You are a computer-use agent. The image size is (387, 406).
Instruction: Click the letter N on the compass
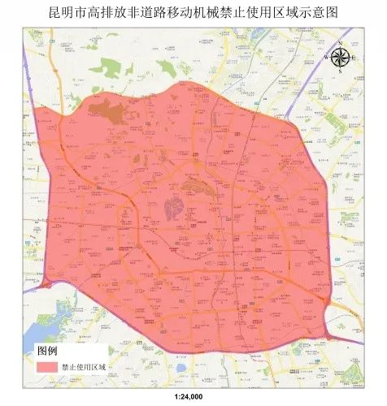pos(340,43)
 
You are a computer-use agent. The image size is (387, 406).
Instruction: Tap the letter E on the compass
pos(354,56)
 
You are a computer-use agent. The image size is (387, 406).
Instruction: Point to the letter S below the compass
pos(340,71)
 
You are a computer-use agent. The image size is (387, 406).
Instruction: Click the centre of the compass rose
pos(340,56)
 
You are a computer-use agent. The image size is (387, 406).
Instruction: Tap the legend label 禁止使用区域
pos(85,367)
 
